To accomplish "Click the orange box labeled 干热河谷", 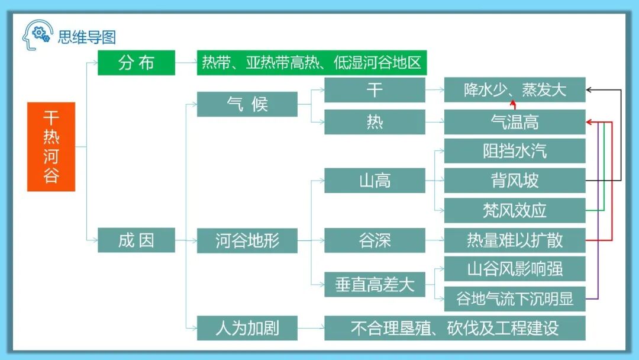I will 51,147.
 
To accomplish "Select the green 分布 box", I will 136,63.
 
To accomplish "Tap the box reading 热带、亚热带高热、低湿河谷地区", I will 312,63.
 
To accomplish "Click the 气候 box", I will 247,104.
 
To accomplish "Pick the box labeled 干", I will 375,90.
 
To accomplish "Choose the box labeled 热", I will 375,122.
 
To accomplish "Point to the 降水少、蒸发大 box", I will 515,90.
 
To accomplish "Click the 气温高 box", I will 515,122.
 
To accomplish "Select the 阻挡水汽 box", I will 515,151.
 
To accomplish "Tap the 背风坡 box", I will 515,180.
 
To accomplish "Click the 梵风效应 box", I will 515,210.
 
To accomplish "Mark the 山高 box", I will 375,180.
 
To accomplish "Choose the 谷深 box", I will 375,240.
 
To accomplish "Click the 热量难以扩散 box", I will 515,240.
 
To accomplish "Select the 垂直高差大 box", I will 375,285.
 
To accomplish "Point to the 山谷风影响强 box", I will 515,269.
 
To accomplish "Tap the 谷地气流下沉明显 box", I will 515,298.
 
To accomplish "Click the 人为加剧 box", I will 247,328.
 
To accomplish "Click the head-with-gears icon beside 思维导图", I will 37,36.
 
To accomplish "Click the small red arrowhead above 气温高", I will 513,105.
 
